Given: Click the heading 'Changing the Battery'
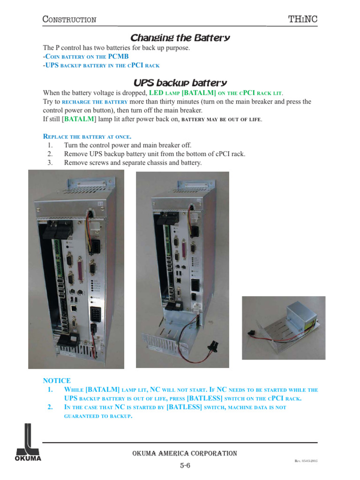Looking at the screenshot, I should point(180,37).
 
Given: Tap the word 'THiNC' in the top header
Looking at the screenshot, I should point(305,19).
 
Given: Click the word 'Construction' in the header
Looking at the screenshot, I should point(69,19).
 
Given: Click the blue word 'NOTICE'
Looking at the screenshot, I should point(57,381).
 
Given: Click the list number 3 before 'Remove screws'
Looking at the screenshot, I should point(50,163).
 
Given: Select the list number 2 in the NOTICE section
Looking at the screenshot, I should point(50,407).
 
